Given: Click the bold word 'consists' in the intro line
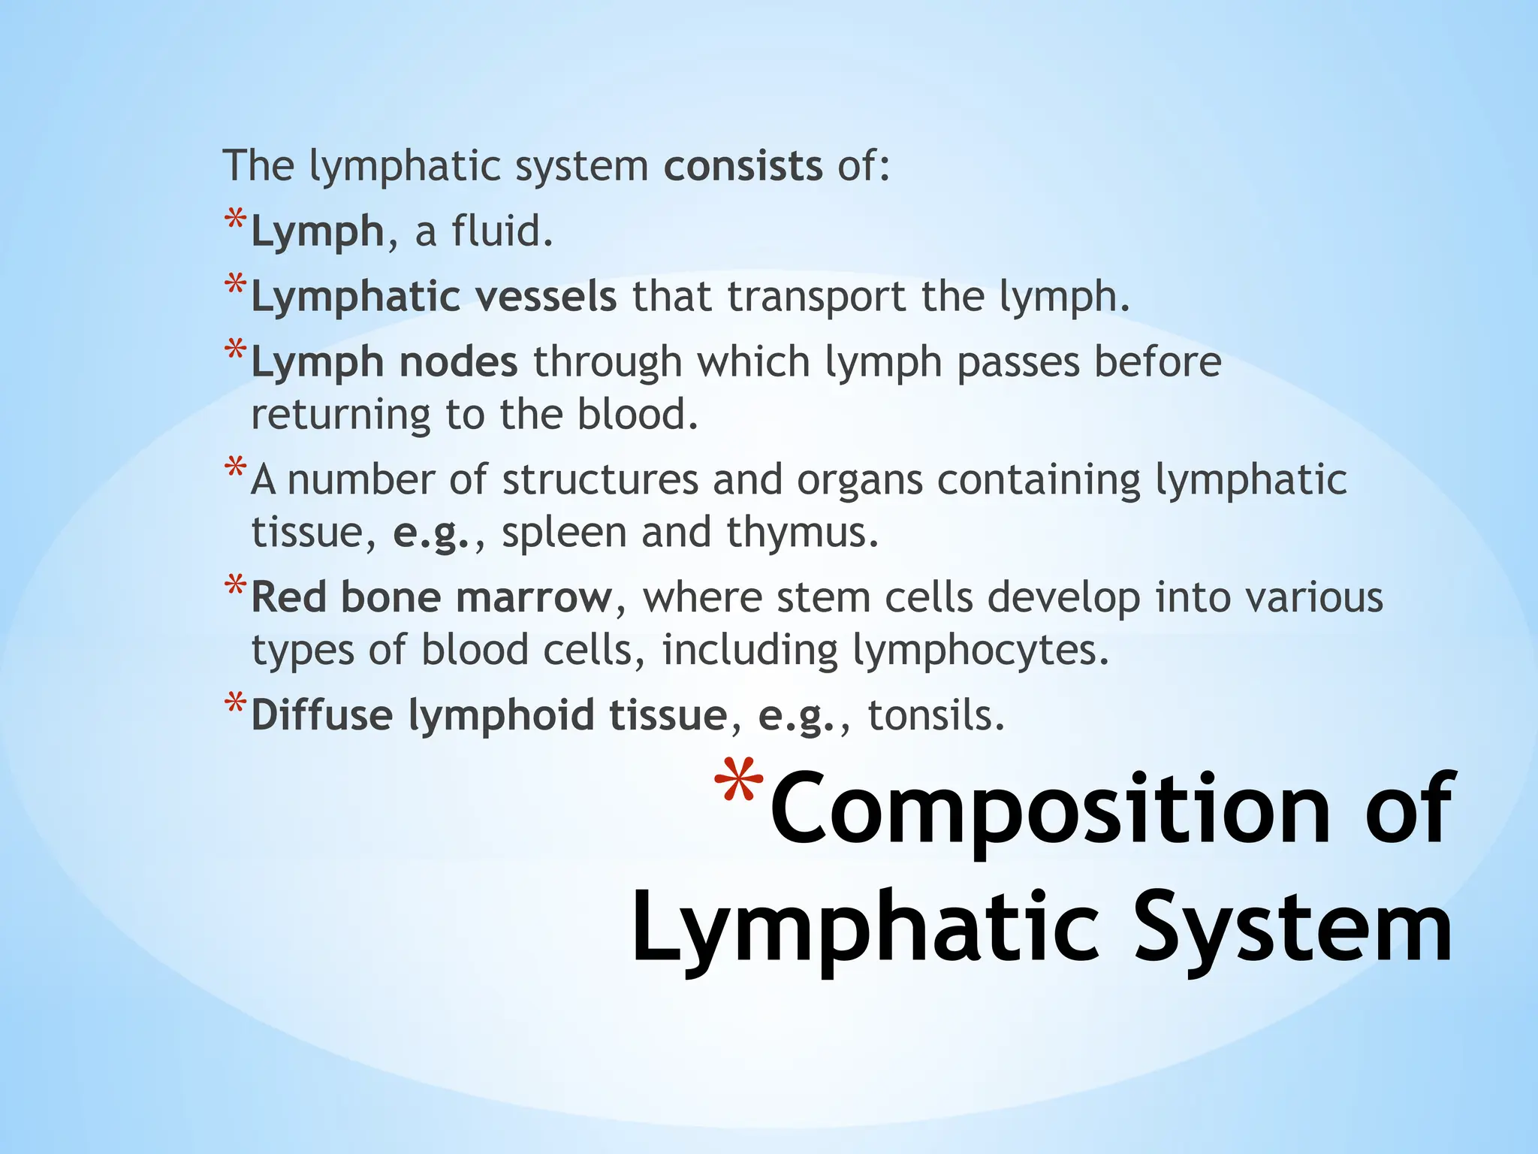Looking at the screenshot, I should tap(743, 166).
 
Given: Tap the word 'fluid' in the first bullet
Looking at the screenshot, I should tap(502, 231).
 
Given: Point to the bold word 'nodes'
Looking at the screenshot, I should tap(458, 362).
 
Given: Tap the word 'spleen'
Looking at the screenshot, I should tap(564, 533).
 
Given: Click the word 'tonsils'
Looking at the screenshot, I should tap(936, 715).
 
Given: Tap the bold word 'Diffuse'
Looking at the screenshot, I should tap(321, 715).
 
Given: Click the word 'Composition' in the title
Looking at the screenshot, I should tap(1051, 810).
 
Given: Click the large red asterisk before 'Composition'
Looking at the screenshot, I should tap(739, 785).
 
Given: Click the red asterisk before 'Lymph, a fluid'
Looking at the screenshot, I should tap(235, 220).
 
